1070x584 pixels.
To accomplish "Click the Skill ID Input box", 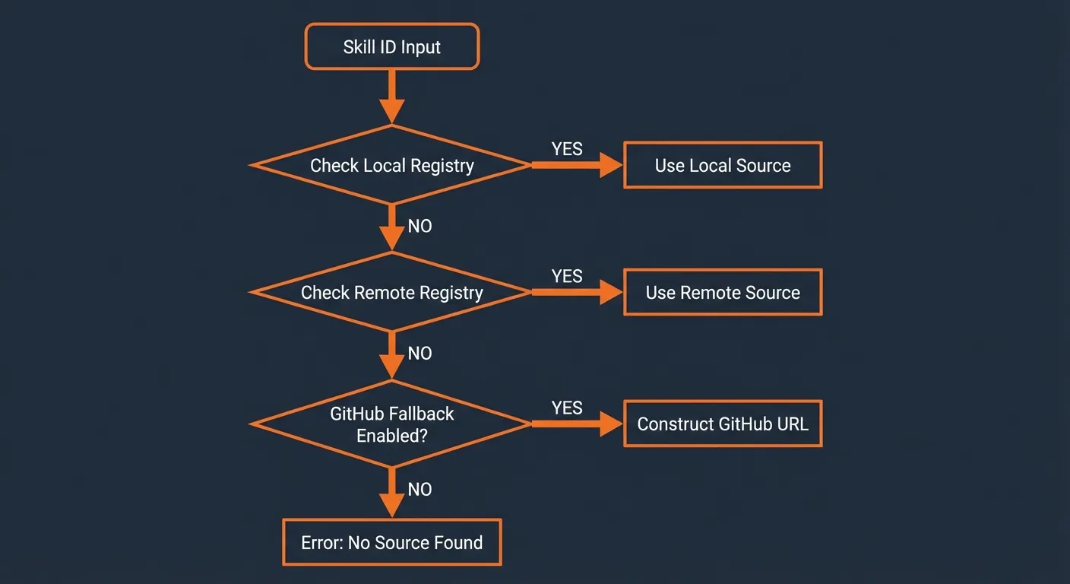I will (391, 46).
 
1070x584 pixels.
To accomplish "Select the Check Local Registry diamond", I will (391, 166).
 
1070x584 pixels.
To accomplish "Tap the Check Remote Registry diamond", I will (391, 293).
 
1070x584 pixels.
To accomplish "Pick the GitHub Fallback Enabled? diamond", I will (391, 424).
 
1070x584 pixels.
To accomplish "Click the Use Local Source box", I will (722, 166).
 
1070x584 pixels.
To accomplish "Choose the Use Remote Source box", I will (722, 293).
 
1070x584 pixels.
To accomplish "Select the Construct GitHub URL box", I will (722, 424).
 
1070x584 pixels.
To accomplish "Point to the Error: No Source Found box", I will (391, 542).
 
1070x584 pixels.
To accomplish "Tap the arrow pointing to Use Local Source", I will (578, 165).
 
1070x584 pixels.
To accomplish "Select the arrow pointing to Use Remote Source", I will (578, 292).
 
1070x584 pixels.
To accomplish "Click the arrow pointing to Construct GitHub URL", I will (578, 424).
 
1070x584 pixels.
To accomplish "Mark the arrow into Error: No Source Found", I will (391, 493).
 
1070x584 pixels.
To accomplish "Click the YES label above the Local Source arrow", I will (567, 149).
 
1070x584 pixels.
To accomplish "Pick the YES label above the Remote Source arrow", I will (567, 276).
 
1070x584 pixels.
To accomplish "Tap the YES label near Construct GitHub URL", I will (567, 408).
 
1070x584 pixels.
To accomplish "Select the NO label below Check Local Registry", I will (419, 226).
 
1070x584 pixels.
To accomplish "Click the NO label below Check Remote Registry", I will (419, 353).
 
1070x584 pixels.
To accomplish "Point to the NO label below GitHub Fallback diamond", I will (419, 489).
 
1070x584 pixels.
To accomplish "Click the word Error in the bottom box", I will (321, 542).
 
